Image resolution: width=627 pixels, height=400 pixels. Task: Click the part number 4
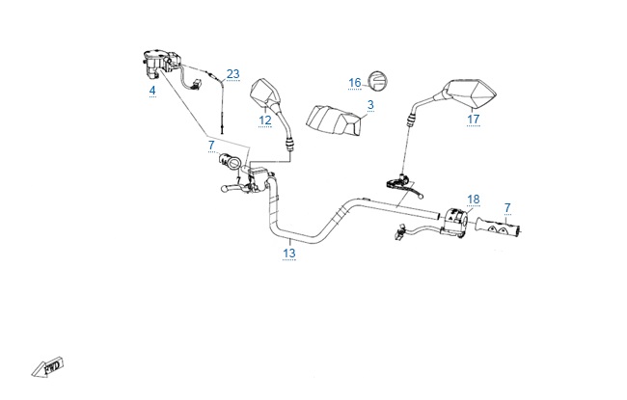coord(151,91)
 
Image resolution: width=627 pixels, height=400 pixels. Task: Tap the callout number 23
coord(232,73)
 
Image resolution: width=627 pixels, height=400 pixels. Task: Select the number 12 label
coord(265,120)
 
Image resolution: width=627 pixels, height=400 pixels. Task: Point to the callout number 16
coord(354,82)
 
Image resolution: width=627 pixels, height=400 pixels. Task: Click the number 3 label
coord(369,103)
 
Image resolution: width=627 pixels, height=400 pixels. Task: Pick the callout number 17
coord(473,120)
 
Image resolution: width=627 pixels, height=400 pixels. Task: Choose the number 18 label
coord(473,200)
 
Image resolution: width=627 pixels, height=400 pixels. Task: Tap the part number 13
coord(288,253)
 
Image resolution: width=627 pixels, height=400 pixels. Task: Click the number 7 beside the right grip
coord(507,208)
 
